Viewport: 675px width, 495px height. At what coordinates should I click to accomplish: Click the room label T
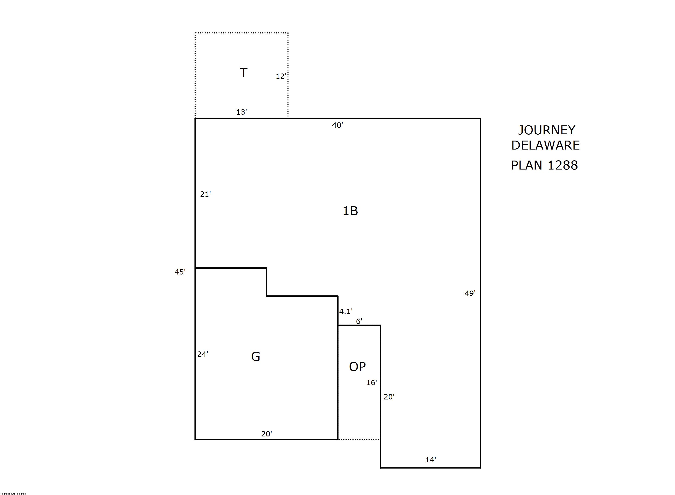pyautogui.click(x=243, y=73)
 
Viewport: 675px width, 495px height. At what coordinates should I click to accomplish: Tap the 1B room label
pyautogui.click(x=350, y=211)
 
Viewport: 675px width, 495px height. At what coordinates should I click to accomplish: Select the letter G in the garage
pyautogui.click(x=255, y=356)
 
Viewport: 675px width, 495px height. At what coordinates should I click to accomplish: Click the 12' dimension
pyautogui.click(x=281, y=76)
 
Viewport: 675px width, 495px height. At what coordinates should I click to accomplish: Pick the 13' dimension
pyautogui.click(x=241, y=112)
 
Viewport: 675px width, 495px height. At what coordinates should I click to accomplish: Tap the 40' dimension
pyautogui.click(x=337, y=125)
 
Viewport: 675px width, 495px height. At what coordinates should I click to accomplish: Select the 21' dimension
pyautogui.click(x=205, y=194)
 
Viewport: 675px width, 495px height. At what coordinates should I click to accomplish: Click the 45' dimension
pyautogui.click(x=180, y=272)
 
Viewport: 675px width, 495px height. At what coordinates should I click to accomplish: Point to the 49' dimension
pyautogui.click(x=470, y=293)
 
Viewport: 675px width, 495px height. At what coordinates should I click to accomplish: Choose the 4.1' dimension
pyautogui.click(x=346, y=312)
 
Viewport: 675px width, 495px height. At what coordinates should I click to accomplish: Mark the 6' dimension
pyautogui.click(x=359, y=321)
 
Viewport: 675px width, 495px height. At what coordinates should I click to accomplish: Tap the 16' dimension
pyautogui.click(x=371, y=383)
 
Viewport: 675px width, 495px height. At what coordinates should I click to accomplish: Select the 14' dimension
pyautogui.click(x=431, y=460)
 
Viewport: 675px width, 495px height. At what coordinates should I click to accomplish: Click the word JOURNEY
pyautogui.click(x=547, y=130)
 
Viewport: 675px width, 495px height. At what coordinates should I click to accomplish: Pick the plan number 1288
pyautogui.click(x=563, y=165)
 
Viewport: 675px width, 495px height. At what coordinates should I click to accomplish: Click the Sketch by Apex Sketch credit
pyautogui.click(x=14, y=493)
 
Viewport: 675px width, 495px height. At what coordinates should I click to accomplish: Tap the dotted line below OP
pyautogui.click(x=359, y=439)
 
